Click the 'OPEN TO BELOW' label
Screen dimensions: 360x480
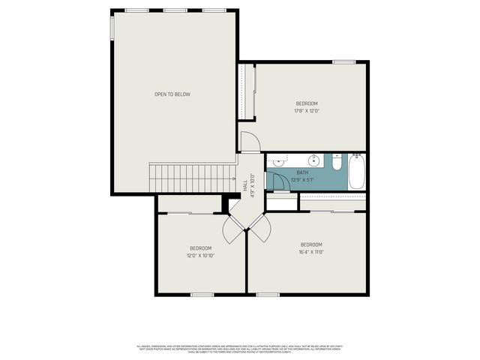pos(172,94)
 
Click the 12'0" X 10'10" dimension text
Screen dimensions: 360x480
pos(200,255)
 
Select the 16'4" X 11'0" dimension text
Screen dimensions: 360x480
pos(311,252)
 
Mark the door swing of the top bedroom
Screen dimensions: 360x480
pos(250,140)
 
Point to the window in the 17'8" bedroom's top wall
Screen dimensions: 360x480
pos(343,61)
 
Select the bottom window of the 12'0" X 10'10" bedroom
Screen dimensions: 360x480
pos(202,294)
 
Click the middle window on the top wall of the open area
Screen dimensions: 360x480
pos(175,10)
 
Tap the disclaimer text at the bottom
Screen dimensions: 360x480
pos(239,349)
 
